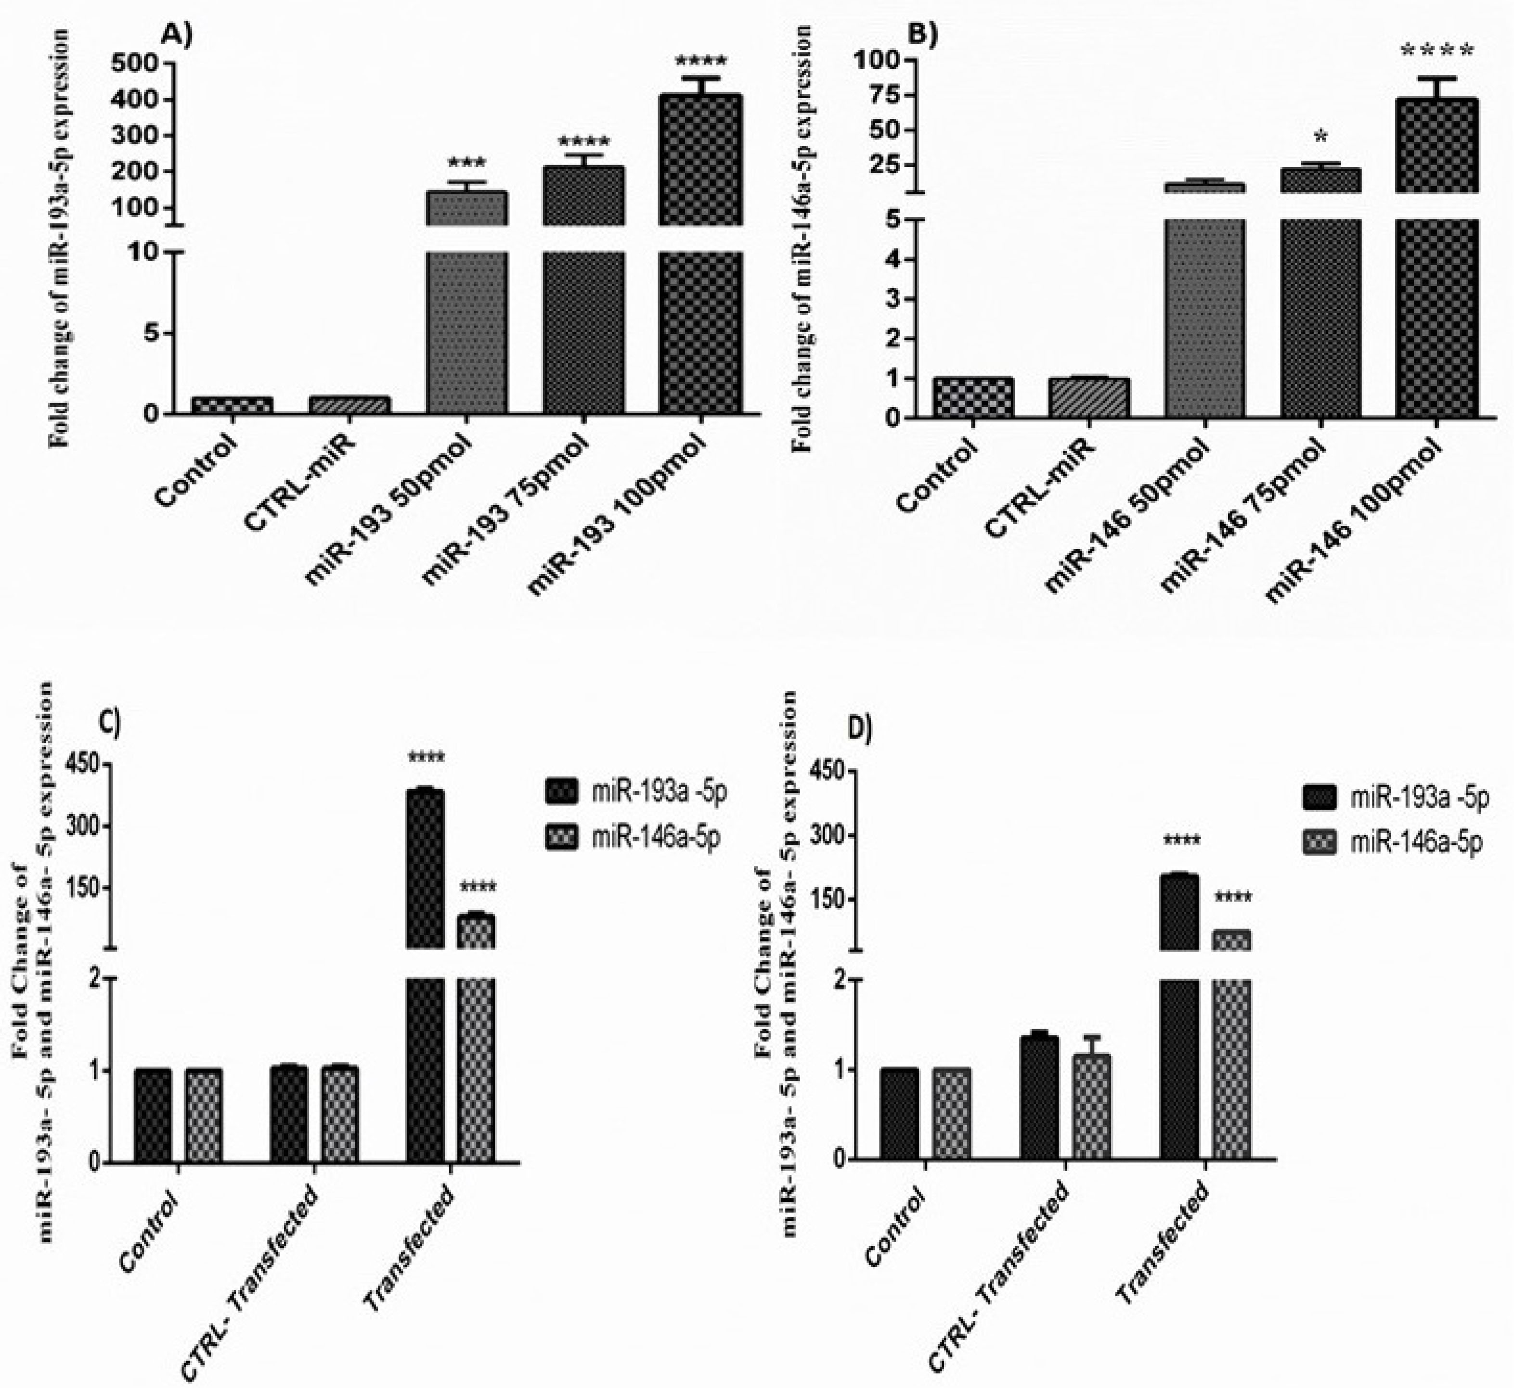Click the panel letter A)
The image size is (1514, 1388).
click(x=177, y=35)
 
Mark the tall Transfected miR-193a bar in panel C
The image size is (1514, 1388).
click(x=425, y=976)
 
